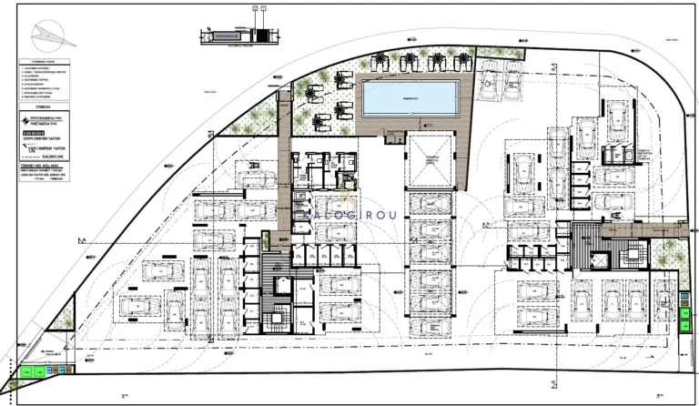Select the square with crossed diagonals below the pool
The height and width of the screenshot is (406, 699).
pyautogui.click(x=431, y=160)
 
